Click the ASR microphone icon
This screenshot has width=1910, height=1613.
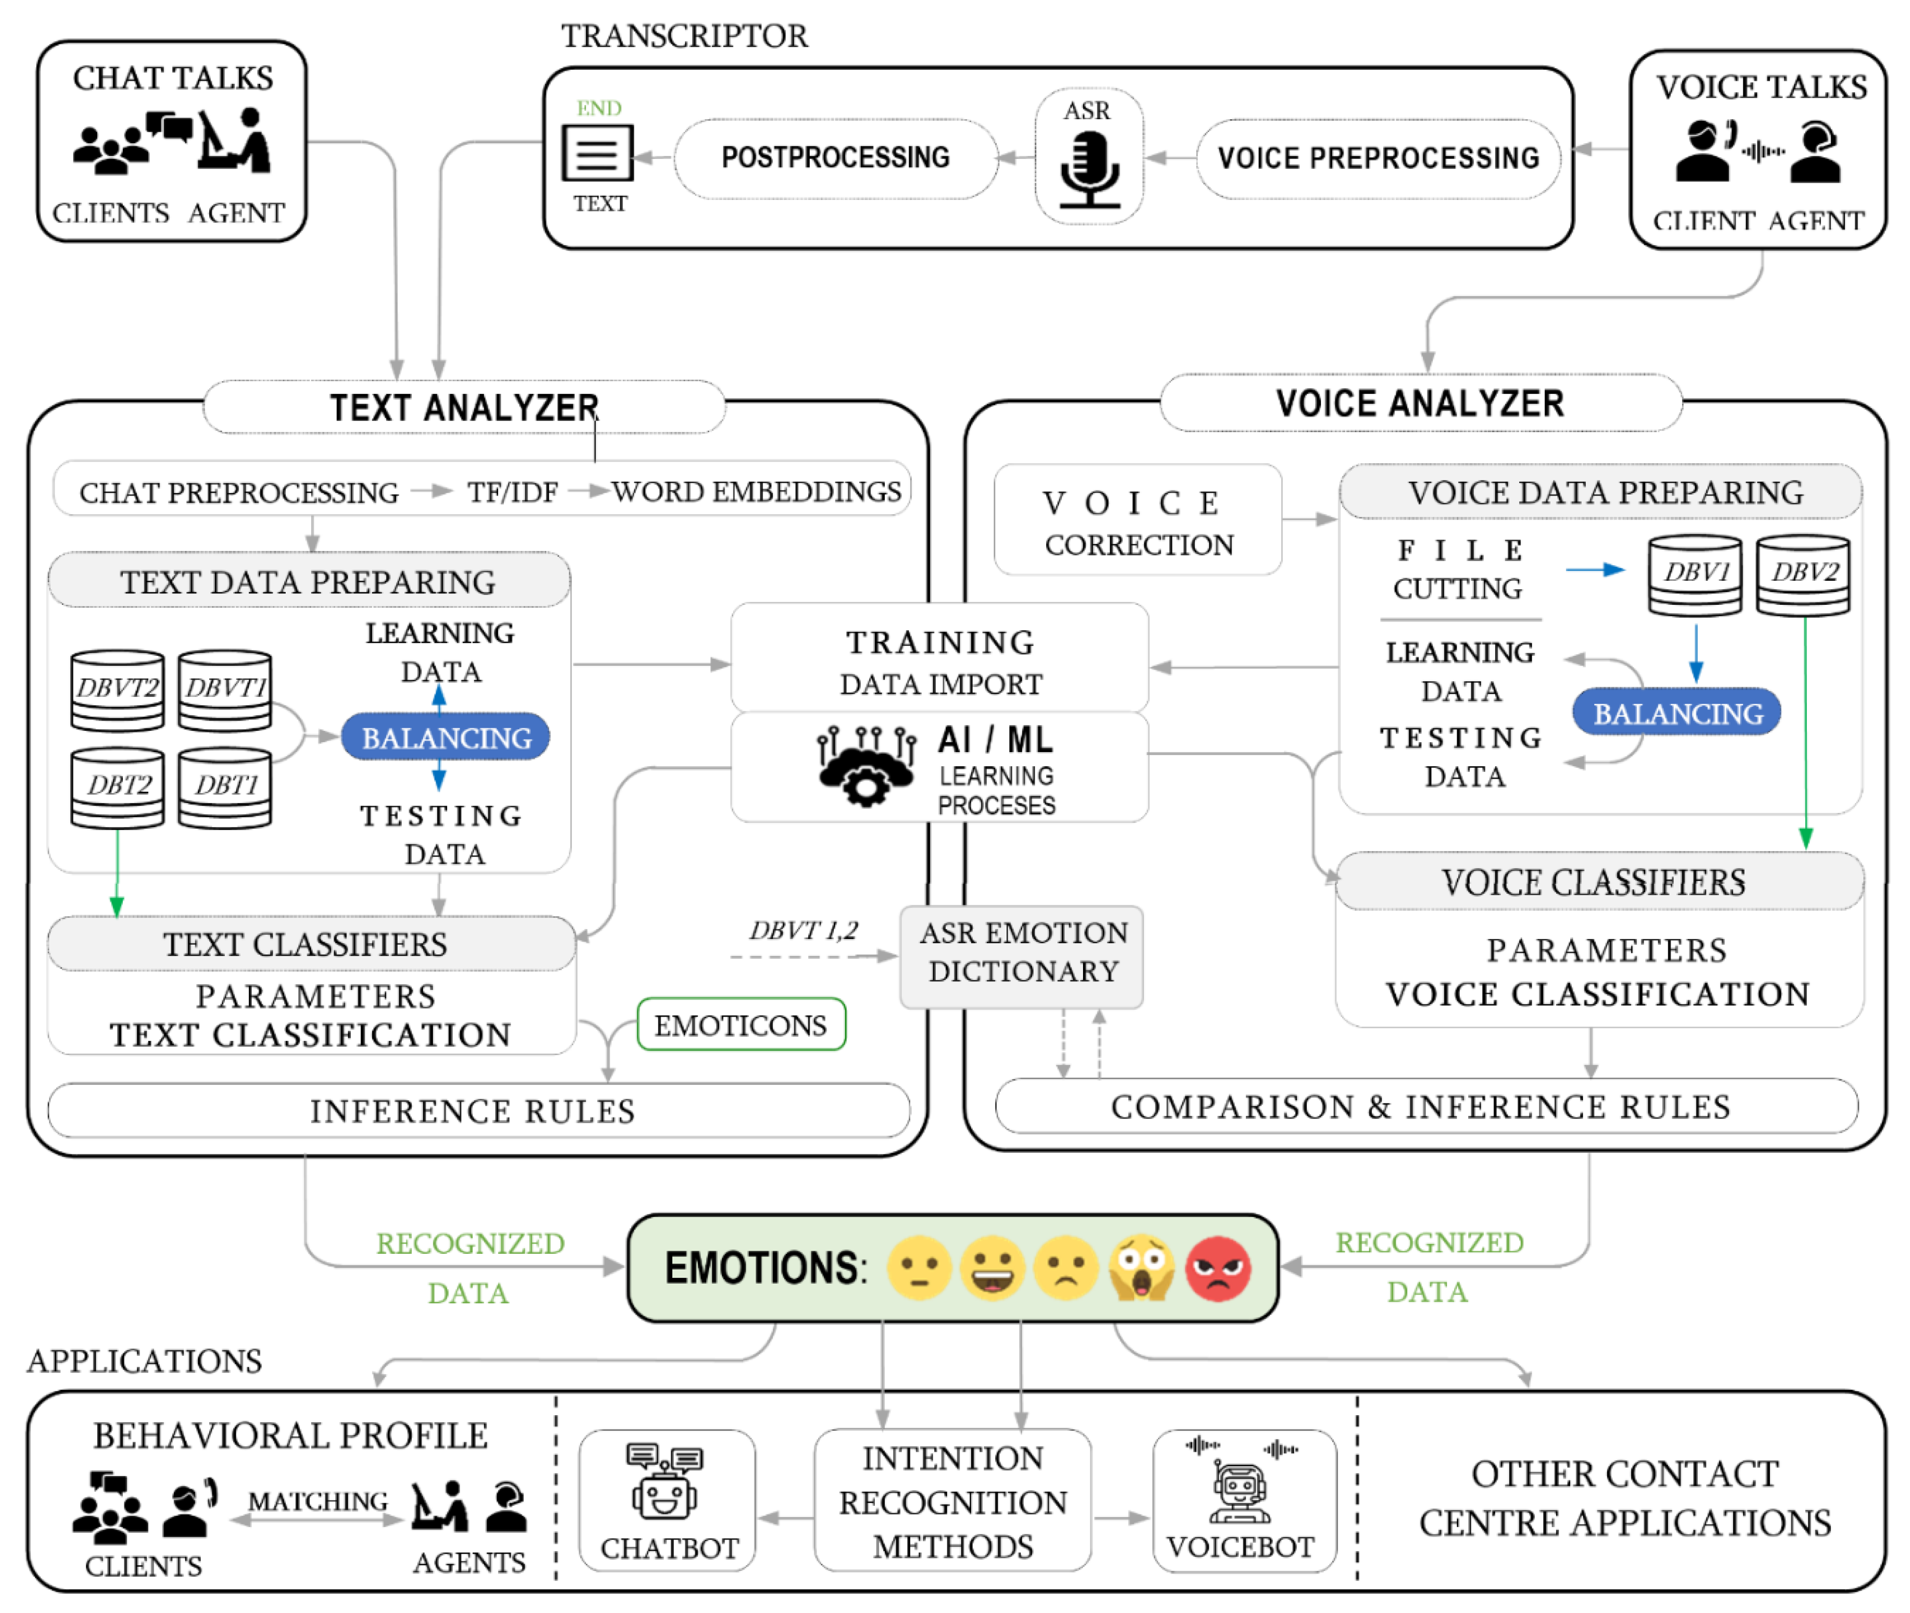click(1088, 169)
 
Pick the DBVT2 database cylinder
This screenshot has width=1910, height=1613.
click(117, 690)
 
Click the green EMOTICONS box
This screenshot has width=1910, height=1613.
click(741, 1025)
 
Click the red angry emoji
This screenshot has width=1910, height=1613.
click(1217, 1268)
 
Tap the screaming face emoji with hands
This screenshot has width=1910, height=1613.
click(1141, 1268)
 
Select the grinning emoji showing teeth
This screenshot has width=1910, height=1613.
click(992, 1268)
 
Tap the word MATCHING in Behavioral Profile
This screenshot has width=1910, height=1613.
click(317, 1502)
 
